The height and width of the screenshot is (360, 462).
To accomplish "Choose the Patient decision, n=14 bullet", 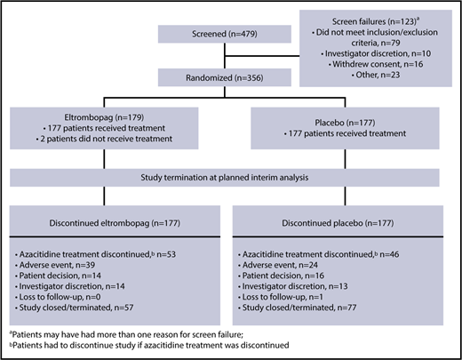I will (x=75, y=277).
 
